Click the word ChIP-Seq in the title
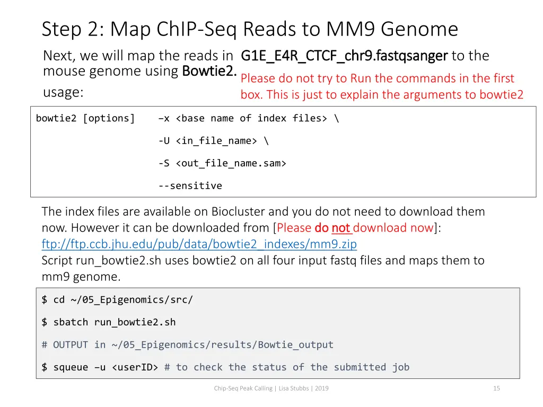(197, 29)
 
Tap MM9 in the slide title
(358, 29)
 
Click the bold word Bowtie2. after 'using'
(209, 70)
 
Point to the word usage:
(63, 92)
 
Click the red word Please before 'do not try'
(258, 78)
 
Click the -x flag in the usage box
(164, 118)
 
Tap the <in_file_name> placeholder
(216, 141)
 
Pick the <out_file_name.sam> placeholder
(231, 163)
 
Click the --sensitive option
(190, 185)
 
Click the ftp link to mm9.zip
(199, 244)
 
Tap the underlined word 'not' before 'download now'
(341, 228)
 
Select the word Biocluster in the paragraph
(238, 211)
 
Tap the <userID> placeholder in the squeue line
(135, 367)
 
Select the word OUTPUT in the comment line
(71, 344)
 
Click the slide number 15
(496, 388)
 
